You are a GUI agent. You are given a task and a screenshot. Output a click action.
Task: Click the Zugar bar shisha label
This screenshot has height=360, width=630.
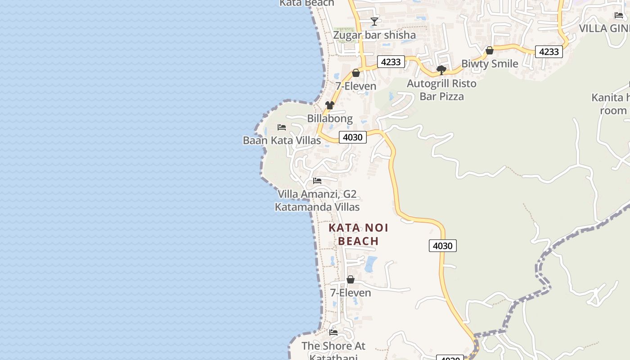coord(374,35)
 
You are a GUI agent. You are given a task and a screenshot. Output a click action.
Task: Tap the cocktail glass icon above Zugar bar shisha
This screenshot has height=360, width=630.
coord(374,21)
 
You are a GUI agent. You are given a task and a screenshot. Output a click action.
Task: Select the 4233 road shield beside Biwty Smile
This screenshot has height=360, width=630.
coord(549,52)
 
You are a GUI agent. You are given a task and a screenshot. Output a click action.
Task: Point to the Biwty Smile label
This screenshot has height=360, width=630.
coord(490,64)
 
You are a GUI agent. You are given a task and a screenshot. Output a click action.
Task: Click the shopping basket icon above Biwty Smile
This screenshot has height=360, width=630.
coord(490,51)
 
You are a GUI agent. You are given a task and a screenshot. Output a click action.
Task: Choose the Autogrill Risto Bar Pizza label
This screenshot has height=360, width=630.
coord(441,90)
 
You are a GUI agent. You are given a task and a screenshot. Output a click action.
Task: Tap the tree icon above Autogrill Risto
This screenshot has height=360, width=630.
coord(441,70)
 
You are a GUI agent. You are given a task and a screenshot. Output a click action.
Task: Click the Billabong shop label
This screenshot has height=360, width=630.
coord(330,118)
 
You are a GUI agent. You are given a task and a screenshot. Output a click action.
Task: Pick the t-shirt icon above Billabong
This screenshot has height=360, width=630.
coord(330,105)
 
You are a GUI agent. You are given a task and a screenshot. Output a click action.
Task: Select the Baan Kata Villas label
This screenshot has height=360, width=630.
coord(282,140)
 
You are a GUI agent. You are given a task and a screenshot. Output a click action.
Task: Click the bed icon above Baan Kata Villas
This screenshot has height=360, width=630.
coord(282,127)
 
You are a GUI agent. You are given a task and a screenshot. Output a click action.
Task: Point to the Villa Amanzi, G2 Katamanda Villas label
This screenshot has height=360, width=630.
coord(317,201)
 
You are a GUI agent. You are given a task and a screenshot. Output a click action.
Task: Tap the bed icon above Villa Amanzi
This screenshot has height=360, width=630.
coord(317,181)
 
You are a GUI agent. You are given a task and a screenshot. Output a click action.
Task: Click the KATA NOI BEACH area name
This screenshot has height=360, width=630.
coord(358,234)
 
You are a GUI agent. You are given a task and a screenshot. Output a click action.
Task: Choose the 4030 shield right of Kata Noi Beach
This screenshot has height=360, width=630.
coord(442,246)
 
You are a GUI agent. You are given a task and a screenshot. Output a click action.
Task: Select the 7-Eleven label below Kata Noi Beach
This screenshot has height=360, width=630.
coord(351,293)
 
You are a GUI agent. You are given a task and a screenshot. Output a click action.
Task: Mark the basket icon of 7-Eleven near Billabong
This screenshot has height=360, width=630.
coord(356,73)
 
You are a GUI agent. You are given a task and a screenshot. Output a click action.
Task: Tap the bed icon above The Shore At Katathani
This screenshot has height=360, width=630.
coord(333,333)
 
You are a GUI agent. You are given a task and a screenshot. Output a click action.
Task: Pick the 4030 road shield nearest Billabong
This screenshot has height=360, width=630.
coord(352,137)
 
